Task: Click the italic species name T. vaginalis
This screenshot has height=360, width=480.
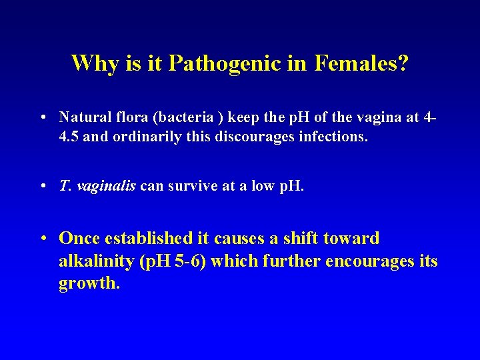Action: point(97,187)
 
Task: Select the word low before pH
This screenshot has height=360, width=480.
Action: point(261,187)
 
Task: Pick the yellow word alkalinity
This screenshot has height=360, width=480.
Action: point(96,261)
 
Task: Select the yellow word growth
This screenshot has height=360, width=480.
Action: point(89,283)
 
